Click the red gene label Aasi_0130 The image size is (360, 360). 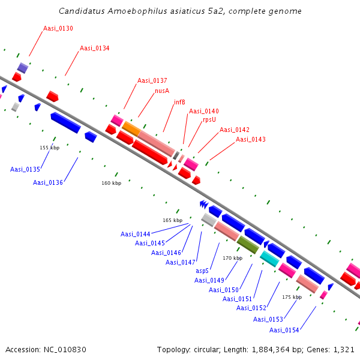58,28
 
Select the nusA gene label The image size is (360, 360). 162,91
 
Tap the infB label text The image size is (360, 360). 179,102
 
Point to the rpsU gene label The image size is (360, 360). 209,119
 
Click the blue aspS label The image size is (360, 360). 202,271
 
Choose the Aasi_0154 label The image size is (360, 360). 284,330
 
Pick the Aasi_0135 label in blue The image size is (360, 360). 25,169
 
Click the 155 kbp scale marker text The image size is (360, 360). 50,148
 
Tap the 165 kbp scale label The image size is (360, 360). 173,220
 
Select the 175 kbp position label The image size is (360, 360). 292,297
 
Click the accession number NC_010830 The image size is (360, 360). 65,350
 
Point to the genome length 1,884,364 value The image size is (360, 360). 271,350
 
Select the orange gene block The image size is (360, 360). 131,129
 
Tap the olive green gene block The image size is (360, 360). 248,245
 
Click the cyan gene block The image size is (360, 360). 269,259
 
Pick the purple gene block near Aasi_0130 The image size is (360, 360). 23,68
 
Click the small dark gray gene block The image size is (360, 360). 176,155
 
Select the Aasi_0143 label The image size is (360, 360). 251,139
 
